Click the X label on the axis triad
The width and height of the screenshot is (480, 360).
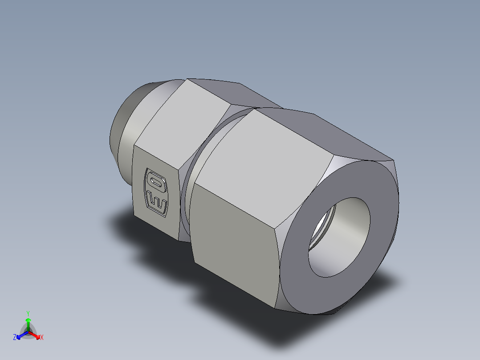(x=42, y=337)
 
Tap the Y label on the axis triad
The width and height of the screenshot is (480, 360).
(x=28, y=313)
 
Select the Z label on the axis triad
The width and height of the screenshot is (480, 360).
(x=15, y=337)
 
